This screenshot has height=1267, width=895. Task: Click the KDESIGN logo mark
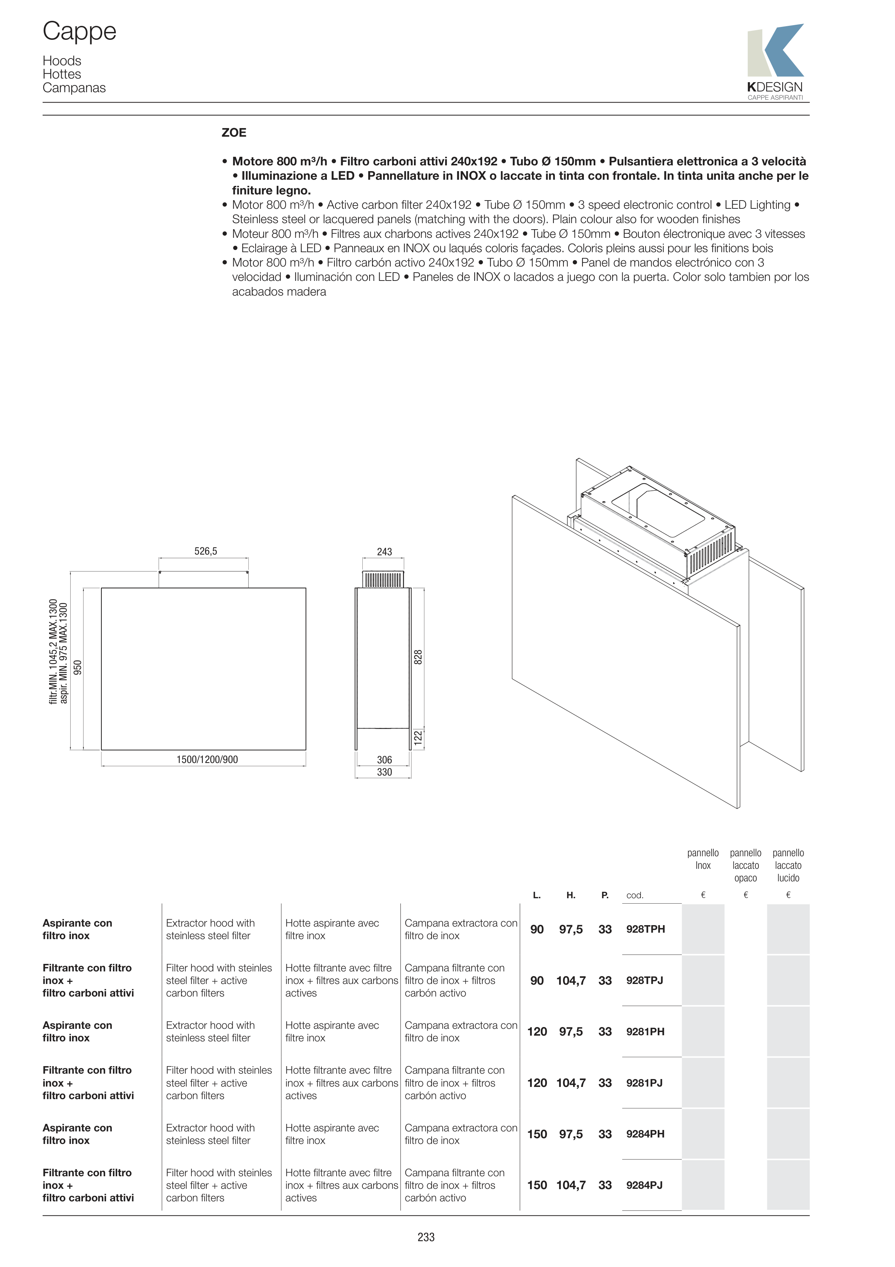tap(775, 51)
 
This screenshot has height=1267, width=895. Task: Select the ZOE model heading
tap(234, 132)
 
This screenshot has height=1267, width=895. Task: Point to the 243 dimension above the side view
tap(384, 552)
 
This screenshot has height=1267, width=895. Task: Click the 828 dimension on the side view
tap(418, 657)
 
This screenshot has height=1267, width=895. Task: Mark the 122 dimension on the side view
tap(418, 737)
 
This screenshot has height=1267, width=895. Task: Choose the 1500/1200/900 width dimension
tap(207, 759)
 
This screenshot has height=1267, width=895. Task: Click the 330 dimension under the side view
tap(384, 772)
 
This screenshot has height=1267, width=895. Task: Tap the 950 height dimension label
tap(78, 667)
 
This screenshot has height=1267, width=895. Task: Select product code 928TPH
tap(645, 929)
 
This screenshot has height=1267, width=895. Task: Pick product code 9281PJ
tap(644, 1082)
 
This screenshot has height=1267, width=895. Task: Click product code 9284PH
tap(645, 1134)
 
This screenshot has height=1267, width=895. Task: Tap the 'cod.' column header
tap(635, 895)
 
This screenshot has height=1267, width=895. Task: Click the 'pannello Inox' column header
tap(703, 859)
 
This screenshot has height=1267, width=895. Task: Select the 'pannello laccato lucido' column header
tap(788, 865)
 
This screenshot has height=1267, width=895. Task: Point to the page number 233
tap(426, 1237)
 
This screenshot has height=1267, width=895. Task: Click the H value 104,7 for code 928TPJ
tap(571, 980)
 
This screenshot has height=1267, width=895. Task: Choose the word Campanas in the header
tap(74, 88)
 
